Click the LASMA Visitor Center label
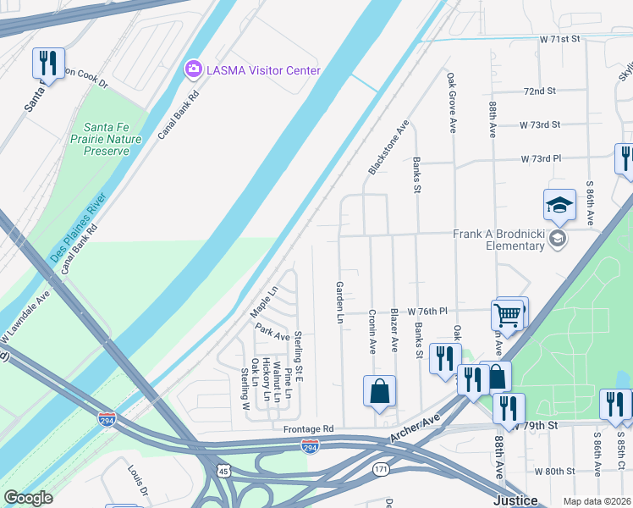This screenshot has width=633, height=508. [x=262, y=70]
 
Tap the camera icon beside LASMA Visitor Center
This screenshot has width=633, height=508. [x=193, y=69]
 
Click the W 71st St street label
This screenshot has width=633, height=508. [x=562, y=40]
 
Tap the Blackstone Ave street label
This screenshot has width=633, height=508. [x=388, y=147]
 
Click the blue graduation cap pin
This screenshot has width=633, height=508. [x=559, y=206]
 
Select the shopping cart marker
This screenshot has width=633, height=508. [x=507, y=315]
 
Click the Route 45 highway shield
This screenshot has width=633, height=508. [x=223, y=471]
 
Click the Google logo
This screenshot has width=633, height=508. [x=29, y=498]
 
